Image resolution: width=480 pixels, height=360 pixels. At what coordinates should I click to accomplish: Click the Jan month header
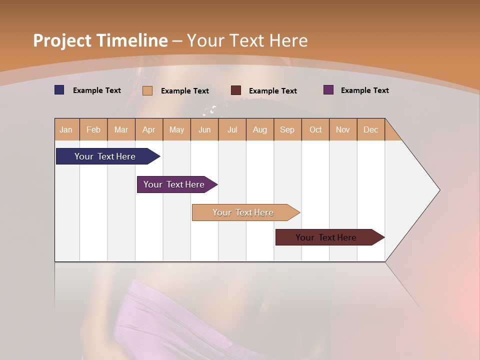pos(66,129)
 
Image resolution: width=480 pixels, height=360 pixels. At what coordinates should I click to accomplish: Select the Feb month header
pos(93,129)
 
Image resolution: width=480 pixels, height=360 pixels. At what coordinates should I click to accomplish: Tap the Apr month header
pos(148,129)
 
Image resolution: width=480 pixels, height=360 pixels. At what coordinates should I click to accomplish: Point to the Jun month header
pos(204,129)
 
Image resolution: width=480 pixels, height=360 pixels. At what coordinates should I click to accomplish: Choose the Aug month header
pos(259,129)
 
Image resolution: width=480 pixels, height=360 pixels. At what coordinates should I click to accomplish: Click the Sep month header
pos(287,129)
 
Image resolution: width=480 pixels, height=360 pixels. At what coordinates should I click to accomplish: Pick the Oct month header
pos(315,129)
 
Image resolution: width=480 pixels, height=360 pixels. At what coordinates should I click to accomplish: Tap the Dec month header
pos(370,129)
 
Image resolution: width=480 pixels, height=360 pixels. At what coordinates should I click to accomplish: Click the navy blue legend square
pos(59,90)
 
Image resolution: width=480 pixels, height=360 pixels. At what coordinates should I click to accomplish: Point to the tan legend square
pos(147,90)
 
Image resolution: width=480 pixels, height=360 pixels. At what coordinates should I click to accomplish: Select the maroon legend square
pos(236,90)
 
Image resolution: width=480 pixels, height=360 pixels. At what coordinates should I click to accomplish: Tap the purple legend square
pos(328,90)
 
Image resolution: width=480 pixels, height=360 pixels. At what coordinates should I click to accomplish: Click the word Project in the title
pos(62,40)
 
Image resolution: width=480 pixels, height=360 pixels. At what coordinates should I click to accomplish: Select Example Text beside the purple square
pos(364,90)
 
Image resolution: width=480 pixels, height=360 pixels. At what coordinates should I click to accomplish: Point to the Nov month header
pos(342,129)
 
